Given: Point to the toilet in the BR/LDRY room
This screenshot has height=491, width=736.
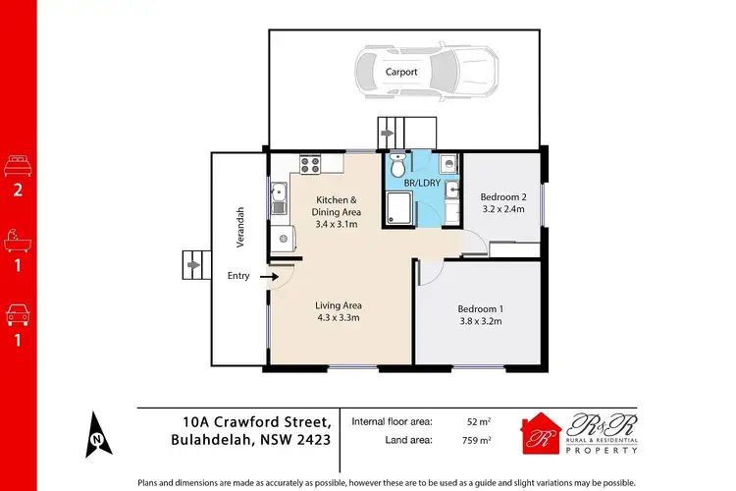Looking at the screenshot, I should tap(396, 161).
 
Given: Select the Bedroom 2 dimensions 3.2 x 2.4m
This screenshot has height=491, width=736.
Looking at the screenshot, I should tap(501, 209).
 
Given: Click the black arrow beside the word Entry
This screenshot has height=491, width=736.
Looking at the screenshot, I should tap(267, 277).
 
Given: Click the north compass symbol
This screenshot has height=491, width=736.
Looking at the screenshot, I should tap(98, 432).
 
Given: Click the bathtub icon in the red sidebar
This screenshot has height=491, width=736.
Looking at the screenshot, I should tap(17, 239).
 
